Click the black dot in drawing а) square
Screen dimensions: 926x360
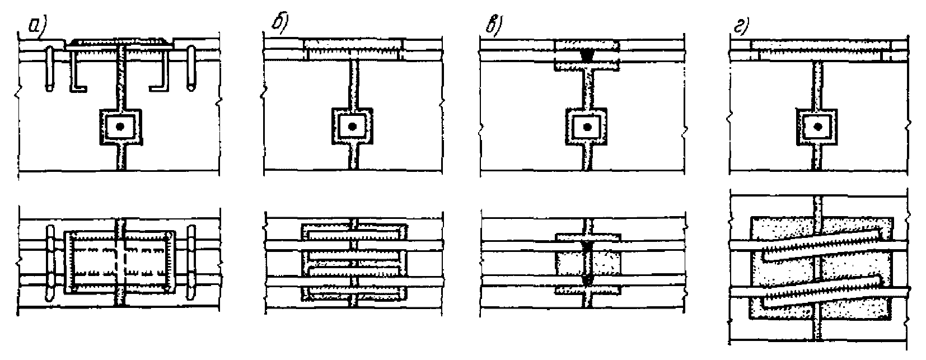pyautogui.click(x=120, y=128)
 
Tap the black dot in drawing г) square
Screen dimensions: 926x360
pyautogui.click(x=819, y=127)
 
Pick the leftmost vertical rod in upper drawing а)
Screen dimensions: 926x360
pyautogui.click(x=50, y=68)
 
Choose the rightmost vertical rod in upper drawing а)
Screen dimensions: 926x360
pyautogui.click(x=192, y=68)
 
